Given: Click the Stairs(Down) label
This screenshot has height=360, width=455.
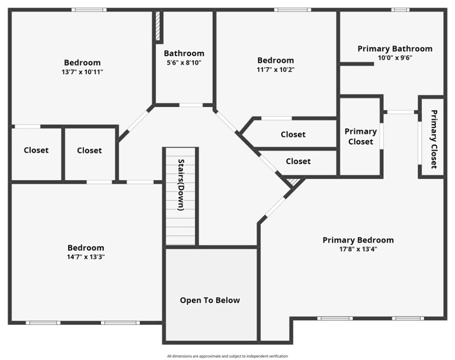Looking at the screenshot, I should [x=181, y=185].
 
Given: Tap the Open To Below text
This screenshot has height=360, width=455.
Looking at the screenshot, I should [x=210, y=300].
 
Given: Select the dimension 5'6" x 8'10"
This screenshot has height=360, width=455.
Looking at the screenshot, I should [x=184, y=63].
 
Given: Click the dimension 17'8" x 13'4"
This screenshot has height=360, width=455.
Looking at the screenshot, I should [x=358, y=249].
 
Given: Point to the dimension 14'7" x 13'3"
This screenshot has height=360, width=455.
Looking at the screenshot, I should [x=86, y=257].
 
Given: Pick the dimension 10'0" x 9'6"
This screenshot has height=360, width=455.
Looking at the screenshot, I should [x=394, y=58].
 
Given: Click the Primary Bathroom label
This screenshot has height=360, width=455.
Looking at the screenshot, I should [x=394, y=49].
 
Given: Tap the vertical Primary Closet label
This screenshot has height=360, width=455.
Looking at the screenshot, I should [x=433, y=139].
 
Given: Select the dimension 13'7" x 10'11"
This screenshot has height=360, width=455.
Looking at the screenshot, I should [x=82, y=72].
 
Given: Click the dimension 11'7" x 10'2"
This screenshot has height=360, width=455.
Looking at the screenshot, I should [x=275, y=69].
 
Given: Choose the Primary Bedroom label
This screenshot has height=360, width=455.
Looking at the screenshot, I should [x=358, y=240].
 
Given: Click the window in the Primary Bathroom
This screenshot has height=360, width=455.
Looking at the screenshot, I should [x=400, y=9].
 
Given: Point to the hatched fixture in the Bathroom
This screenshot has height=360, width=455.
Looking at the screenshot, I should [x=158, y=26].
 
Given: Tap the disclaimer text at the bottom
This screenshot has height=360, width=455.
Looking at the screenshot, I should [x=227, y=356].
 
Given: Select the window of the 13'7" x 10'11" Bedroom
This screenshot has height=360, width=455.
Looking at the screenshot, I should [x=89, y=9].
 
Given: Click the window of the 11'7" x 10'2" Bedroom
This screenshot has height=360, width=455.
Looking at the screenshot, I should [x=292, y=9].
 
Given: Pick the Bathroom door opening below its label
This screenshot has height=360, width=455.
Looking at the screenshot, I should [x=191, y=105].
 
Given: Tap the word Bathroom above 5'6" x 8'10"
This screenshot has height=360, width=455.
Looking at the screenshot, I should [x=184, y=53].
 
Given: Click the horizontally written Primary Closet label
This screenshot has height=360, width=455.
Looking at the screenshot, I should [x=360, y=136].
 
